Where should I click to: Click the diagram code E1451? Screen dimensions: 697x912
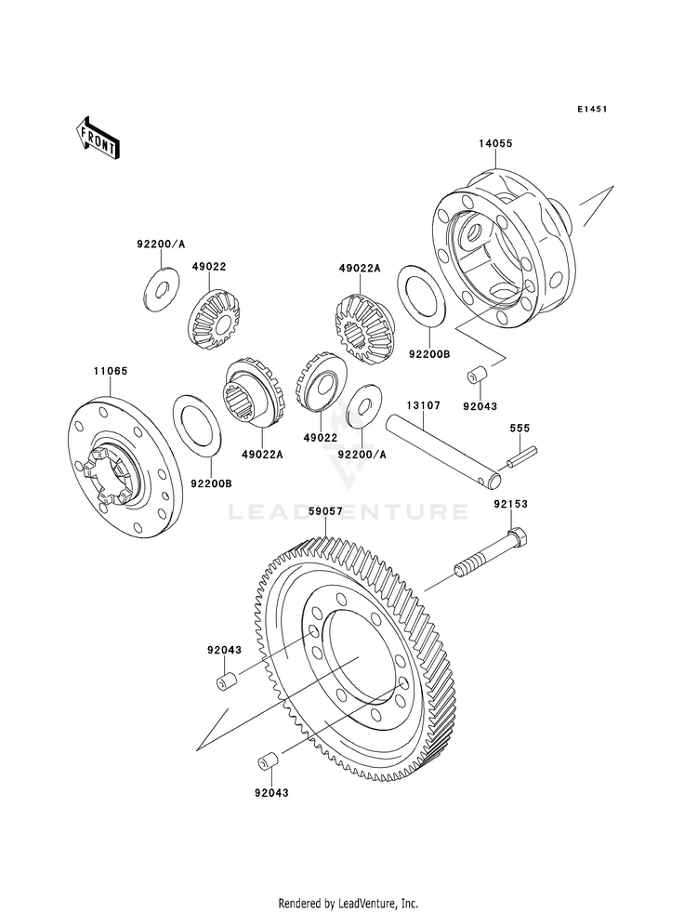[x=592, y=109]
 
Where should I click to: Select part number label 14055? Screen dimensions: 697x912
[x=496, y=144]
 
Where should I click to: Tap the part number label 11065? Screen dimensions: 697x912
[x=110, y=371]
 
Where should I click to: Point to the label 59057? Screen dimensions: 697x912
[x=325, y=511]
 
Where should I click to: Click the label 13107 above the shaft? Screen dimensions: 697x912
[x=423, y=404]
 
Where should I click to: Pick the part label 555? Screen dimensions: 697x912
[x=519, y=428]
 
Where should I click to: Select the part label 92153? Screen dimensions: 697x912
[x=511, y=504]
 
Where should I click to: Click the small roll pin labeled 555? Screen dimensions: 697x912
[x=522, y=456]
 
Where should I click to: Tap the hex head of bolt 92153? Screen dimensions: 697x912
[x=519, y=537]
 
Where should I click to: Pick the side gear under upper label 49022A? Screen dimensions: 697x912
[x=364, y=327]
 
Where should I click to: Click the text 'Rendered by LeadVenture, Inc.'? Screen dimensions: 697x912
[x=348, y=904]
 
